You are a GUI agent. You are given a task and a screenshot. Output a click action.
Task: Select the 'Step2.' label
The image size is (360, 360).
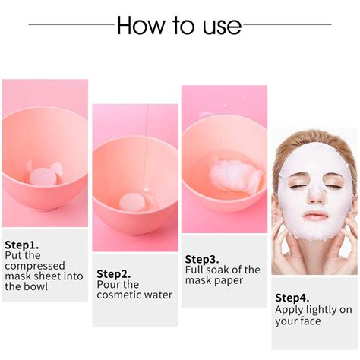[112, 273]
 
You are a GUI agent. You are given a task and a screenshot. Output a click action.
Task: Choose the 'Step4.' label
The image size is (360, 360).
[291, 297]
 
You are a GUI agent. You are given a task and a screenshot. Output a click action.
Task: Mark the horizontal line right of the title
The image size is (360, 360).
[289, 25]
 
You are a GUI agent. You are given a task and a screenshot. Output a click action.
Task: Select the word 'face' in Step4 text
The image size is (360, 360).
[309, 321]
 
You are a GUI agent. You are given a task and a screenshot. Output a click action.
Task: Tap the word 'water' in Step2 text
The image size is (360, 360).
[157, 295]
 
